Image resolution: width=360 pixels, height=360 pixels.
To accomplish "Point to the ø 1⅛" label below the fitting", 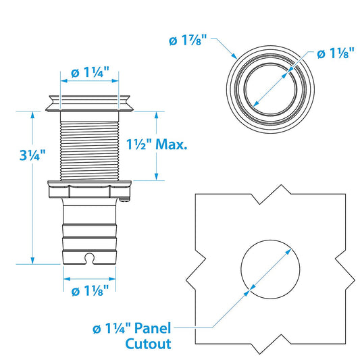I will point(90,292).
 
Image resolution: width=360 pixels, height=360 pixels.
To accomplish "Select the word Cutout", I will point(148,343).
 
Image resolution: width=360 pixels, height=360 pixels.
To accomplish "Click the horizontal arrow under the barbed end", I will point(91,277).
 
